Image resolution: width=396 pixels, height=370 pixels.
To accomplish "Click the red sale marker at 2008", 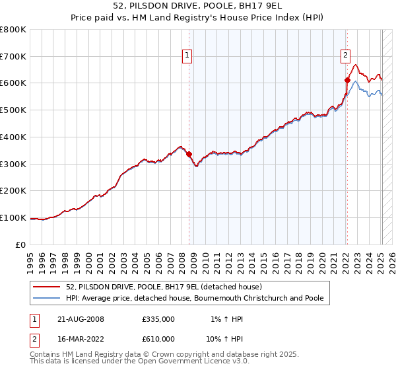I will (x=189, y=155).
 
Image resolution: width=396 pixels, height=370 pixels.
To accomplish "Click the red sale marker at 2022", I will (x=347, y=81).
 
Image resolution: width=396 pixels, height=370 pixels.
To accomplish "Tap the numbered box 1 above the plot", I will (x=188, y=56).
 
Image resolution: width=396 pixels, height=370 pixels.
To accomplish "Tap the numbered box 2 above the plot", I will (x=345, y=56).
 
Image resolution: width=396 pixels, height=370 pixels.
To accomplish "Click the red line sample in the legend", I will (x=48, y=287).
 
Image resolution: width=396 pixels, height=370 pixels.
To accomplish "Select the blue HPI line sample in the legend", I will (x=48, y=298).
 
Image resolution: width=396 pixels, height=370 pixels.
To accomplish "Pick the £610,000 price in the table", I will (x=158, y=339).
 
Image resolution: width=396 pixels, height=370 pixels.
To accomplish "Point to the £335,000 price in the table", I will (x=158, y=319).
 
